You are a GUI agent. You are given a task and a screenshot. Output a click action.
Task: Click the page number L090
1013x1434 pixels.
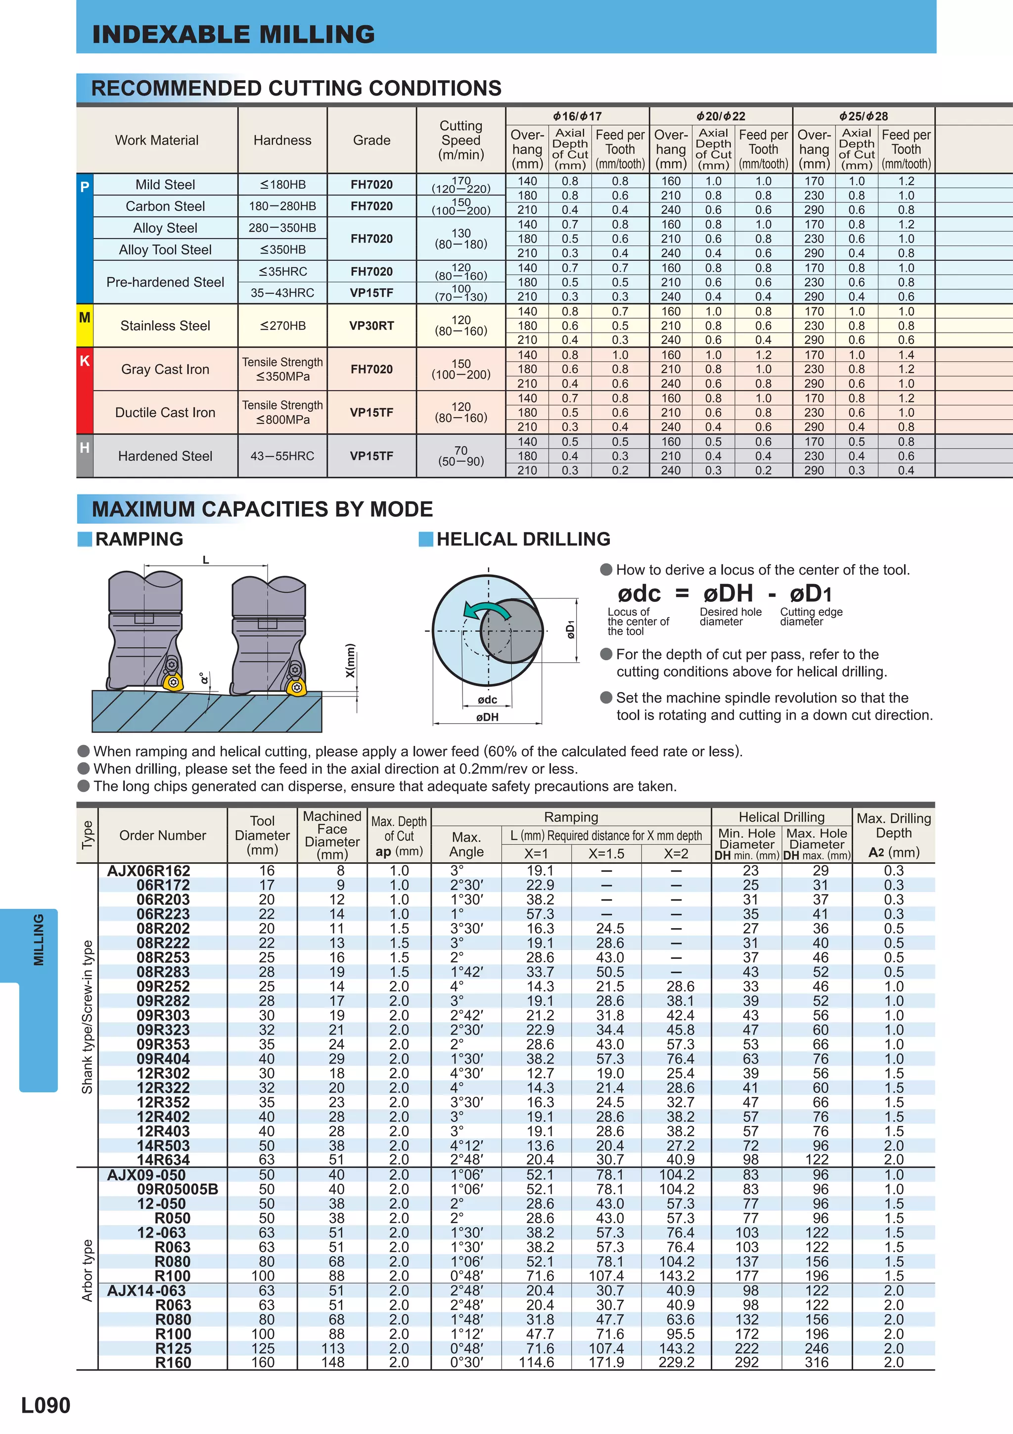[x=46, y=1405]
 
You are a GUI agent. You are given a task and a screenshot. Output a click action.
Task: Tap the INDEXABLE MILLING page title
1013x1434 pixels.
[x=233, y=34]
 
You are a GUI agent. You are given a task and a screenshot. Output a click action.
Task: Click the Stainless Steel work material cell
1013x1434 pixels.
[x=165, y=325]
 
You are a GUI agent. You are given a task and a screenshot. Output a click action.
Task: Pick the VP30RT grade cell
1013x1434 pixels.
[x=371, y=325]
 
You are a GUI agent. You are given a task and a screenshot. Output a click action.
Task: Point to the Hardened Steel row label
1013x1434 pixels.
[x=165, y=456]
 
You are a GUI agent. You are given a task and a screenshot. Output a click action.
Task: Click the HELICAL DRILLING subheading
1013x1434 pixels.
[x=523, y=539]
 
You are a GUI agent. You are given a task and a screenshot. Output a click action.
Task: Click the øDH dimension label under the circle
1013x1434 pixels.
[x=488, y=717]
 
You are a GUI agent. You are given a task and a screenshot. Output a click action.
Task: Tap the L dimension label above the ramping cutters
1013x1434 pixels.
[x=206, y=560]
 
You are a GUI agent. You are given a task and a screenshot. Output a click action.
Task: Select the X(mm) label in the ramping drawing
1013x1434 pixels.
[x=350, y=660]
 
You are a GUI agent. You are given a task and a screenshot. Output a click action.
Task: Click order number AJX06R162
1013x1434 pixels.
[x=148, y=871]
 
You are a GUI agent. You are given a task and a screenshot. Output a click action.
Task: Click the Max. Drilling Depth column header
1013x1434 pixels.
[x=893, y=835]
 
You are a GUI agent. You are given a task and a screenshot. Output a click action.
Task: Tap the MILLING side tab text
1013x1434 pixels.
[x=39, y=940]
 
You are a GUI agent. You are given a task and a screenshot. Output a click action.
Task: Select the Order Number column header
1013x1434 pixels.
[x=162, y=835]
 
